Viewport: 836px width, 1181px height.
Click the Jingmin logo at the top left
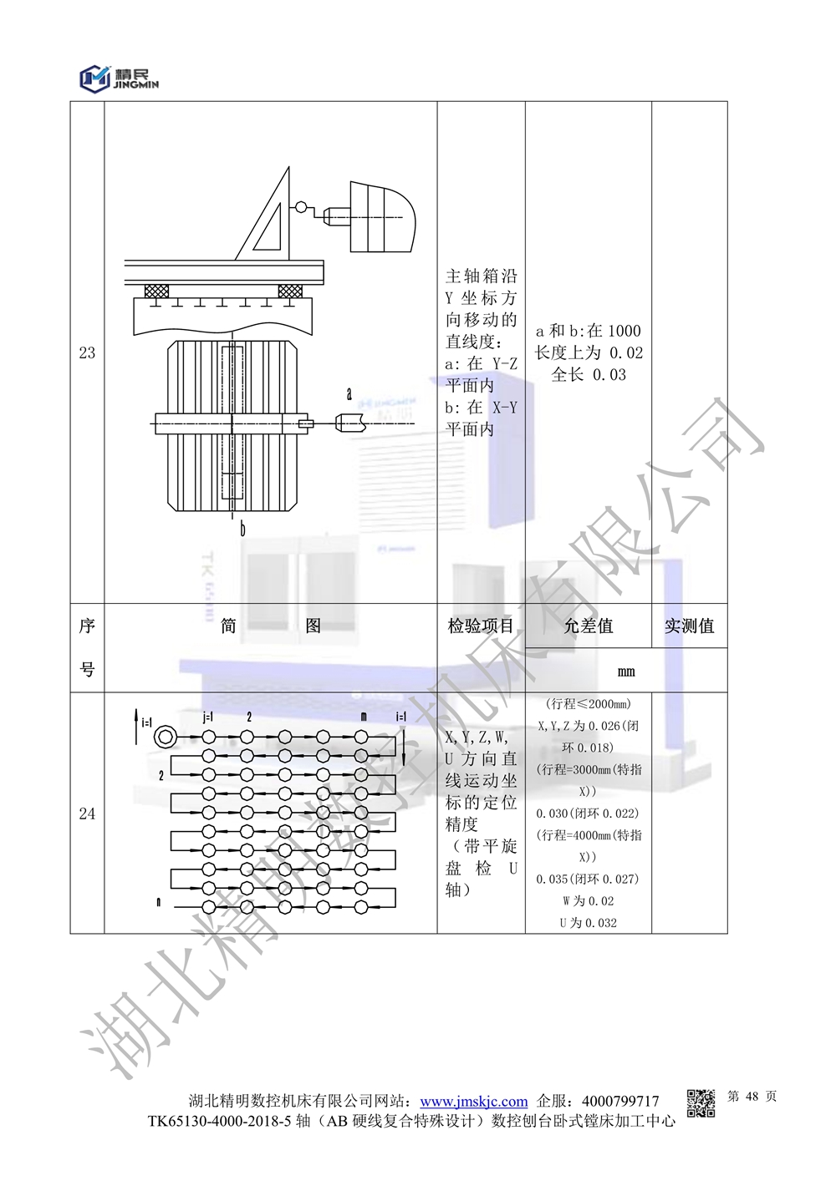tap(119, 79)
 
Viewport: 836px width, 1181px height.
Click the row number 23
tap(87, 352)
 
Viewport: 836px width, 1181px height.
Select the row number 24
tap(87, 814)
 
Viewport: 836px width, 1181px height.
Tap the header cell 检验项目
tap(481, 626)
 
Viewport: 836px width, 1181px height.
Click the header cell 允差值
tap(589, 626)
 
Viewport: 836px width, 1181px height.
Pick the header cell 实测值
tap(689, 626)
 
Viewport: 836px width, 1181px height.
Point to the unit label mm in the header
tap(626, 672)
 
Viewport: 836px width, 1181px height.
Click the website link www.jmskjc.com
tap(474, 1101)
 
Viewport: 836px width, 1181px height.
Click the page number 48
tap(752, 1097)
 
